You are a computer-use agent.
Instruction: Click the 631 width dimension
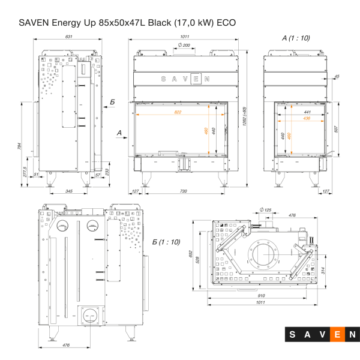click(69, 37)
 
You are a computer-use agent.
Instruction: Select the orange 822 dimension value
click(178, 112)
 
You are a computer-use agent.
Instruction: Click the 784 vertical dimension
click(19, 146)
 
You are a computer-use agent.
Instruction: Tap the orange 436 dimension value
click(307, 118)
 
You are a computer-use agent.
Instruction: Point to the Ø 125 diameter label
click(266, 209)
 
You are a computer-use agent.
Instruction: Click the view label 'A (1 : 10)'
click(296, 37)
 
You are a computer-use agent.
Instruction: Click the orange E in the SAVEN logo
click(338, 334)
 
